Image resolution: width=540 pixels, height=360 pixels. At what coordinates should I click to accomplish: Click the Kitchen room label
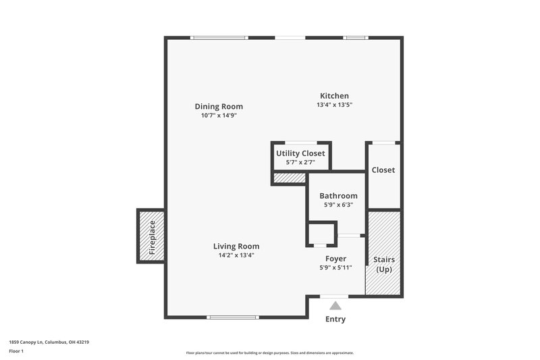334,96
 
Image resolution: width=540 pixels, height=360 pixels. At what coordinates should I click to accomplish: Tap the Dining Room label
219,107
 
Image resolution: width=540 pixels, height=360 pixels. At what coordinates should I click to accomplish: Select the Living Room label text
236,247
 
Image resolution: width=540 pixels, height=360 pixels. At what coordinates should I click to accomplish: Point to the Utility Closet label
300,153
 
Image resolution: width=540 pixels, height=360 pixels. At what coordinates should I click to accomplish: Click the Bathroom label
338,196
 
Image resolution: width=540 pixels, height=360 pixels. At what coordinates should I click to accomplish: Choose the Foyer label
335,259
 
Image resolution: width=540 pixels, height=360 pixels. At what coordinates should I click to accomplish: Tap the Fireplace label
152,236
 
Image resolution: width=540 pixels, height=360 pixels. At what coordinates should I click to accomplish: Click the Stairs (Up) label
384,264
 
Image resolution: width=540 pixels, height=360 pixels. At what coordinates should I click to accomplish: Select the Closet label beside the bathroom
383,170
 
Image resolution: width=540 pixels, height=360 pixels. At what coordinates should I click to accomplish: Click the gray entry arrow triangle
335,305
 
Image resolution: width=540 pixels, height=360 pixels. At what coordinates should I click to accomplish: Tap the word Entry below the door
335,319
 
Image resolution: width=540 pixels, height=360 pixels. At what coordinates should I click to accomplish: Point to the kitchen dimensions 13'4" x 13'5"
334,105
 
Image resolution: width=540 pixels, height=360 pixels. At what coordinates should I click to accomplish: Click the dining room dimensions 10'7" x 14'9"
219,115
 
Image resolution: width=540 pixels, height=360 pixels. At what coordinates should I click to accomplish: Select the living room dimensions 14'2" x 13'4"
236,255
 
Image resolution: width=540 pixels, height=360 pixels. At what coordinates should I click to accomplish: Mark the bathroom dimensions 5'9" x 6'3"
338,205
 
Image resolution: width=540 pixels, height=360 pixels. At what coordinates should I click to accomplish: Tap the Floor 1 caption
16,351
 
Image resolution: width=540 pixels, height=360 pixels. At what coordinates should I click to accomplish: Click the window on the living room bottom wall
232,317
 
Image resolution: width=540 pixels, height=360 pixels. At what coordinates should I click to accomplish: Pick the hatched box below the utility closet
289,178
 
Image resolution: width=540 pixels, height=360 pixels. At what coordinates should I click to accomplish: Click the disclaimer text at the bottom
269,353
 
